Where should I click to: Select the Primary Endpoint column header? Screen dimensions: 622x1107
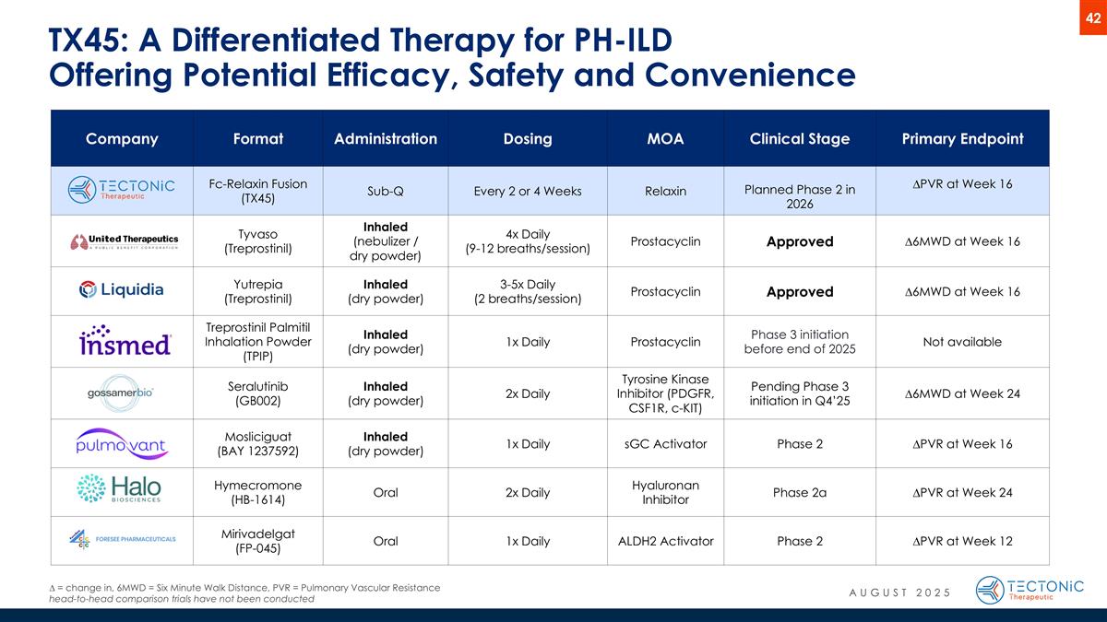coord(962,139)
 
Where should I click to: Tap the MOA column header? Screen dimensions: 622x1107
coord(665,139)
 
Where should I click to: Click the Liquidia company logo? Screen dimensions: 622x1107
coord(121,290)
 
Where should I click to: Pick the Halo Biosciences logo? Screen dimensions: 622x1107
coord(121,490)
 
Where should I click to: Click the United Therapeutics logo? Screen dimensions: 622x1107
coord(121,242)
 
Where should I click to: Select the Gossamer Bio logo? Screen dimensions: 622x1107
coord(121,393)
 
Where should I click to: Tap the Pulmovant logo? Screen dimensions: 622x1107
coord(121,444)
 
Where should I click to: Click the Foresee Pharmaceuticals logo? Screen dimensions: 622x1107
coord(121,540)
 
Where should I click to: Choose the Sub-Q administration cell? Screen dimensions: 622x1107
coord(385,192)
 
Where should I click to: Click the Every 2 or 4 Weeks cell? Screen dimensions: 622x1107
coord(528,192)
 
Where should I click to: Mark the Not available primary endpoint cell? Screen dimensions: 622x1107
coord(962,342)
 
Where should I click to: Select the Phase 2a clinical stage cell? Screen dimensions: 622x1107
coord(799,492)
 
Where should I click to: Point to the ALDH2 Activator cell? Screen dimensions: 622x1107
coord(665,541)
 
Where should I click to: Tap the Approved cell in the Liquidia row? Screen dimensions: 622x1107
coord(799,291)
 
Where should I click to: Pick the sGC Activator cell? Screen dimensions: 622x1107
coord(665,444)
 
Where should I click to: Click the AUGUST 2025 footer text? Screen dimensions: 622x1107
coord(899,592)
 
